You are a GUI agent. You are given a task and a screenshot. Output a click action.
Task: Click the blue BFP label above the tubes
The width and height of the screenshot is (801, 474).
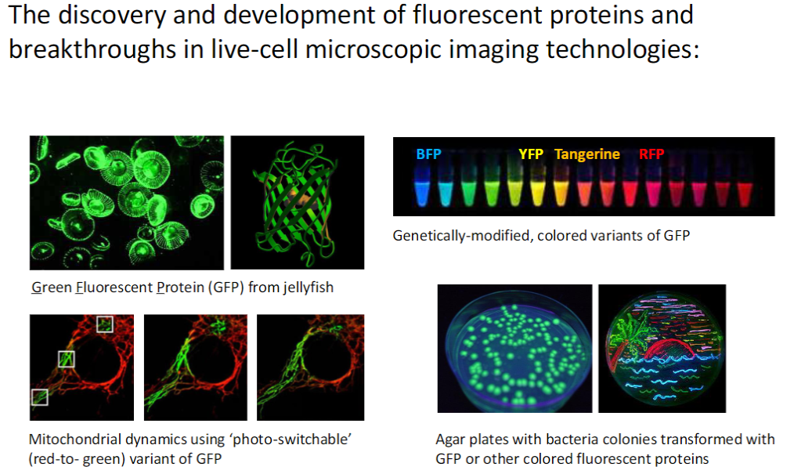pos(428,154)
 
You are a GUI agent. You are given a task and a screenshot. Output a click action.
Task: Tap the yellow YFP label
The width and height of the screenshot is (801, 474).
pos(531,154)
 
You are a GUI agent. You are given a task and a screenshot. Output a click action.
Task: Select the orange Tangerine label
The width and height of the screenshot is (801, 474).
pos(587,154)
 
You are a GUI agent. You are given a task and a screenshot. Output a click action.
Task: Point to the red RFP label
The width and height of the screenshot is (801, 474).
pos(651,154)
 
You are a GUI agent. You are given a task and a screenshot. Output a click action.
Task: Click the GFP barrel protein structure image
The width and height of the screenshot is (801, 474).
pos(298,202)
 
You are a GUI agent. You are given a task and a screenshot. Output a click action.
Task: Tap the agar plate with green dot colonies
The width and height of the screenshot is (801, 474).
pos(514,349)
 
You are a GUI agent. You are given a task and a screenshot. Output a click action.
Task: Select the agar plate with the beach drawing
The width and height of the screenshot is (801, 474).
pos(662,349)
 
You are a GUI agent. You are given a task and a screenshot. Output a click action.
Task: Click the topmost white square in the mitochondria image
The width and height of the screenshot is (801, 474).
pos(104,324)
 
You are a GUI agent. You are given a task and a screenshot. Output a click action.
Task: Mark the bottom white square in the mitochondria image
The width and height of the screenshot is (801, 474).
pos(39,396)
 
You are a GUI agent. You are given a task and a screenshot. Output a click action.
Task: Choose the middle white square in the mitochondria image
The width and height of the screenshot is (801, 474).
pos(67,359)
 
